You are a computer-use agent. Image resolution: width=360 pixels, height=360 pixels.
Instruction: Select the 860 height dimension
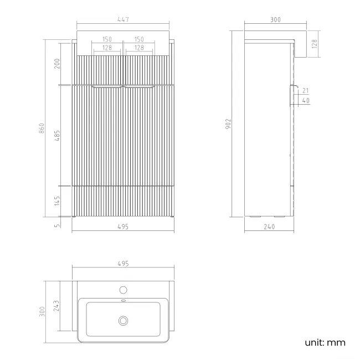pyautogui.click(x=49, y=127)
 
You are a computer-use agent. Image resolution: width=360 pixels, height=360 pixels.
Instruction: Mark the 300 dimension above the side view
pyautogui.click(x=275, y=20)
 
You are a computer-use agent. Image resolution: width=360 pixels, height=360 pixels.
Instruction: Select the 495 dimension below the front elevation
pyautogui.click(x=123, y=226)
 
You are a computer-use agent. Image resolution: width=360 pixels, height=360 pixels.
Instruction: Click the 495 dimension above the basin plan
pyautogui.click(x=123, y=264)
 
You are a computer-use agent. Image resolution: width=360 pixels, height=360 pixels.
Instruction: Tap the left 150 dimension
pyautogui.click(x=107, y=39)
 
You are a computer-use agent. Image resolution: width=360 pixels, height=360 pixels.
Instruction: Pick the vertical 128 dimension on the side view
pyautogui.click(x=314, y=44)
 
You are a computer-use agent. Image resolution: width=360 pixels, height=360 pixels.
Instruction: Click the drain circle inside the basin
pyautogui.click(x=123, y=320)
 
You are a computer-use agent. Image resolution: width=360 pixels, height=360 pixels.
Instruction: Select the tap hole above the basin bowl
pyautogui.click(x=123, y=290)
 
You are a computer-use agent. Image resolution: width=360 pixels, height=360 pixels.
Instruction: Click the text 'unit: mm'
pyautogui.click(x=325, y=343)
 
